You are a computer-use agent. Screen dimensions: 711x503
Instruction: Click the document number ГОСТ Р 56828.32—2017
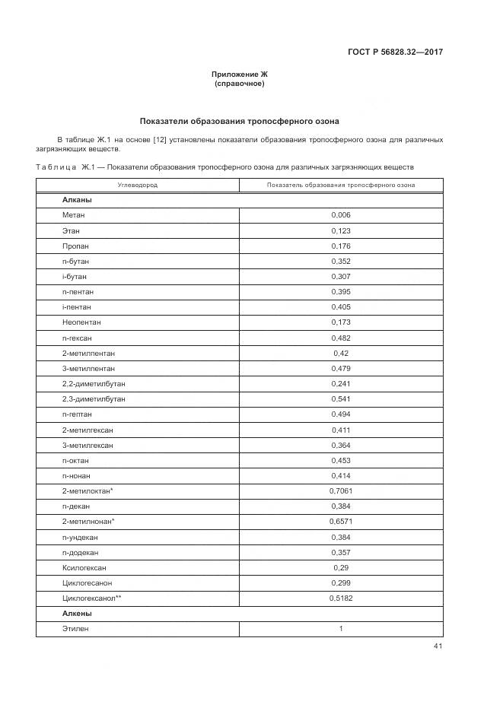click(396, 52)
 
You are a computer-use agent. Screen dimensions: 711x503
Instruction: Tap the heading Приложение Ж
click(240, 74)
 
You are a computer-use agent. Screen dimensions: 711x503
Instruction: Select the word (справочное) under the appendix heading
click(240, 84)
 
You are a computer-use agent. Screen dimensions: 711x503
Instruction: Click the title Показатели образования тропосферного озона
click(240, 121)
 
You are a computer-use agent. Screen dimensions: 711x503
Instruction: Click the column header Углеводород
click(137, 185)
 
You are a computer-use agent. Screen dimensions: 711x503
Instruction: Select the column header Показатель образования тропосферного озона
click(341, 185)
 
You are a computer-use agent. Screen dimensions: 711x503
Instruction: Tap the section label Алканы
click(77, 199)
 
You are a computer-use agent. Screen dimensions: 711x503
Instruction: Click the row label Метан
click(74, 214)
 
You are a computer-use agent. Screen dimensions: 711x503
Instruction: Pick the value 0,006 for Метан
click(341, 214)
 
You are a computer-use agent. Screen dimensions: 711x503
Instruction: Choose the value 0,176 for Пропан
click(341, 246)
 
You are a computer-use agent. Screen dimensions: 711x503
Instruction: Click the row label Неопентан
click(81, 322)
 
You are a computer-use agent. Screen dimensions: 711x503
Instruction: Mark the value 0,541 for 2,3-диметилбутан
click(341, 399)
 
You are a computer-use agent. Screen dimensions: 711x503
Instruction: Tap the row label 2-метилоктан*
click(88, 491)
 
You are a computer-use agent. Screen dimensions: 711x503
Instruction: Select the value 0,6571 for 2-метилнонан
click(341, 522)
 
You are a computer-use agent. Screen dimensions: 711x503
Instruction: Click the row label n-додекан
click(81, 552)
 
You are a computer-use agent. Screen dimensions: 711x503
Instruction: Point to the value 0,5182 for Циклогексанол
click(341, 598)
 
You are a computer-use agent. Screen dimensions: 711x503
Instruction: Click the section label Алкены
click(77, 613)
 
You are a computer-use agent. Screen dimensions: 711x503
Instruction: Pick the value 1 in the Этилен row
click(341, 629)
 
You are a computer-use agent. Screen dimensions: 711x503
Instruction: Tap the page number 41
click(438, 646)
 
